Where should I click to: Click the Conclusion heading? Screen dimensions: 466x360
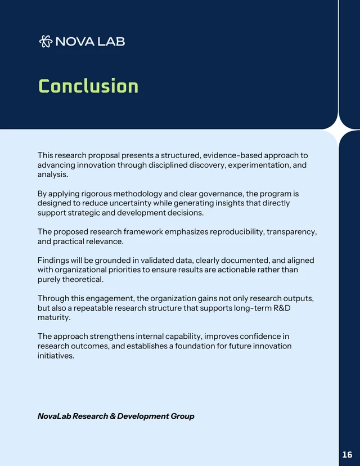coord(88,87)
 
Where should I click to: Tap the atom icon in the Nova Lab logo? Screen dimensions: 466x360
coord(46,41)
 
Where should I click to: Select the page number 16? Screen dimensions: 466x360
coord(347,454)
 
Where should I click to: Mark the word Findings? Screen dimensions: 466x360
coord(55,261)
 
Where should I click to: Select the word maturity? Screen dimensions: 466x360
coord(54,317)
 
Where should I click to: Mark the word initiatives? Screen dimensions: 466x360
coord(56,356)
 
